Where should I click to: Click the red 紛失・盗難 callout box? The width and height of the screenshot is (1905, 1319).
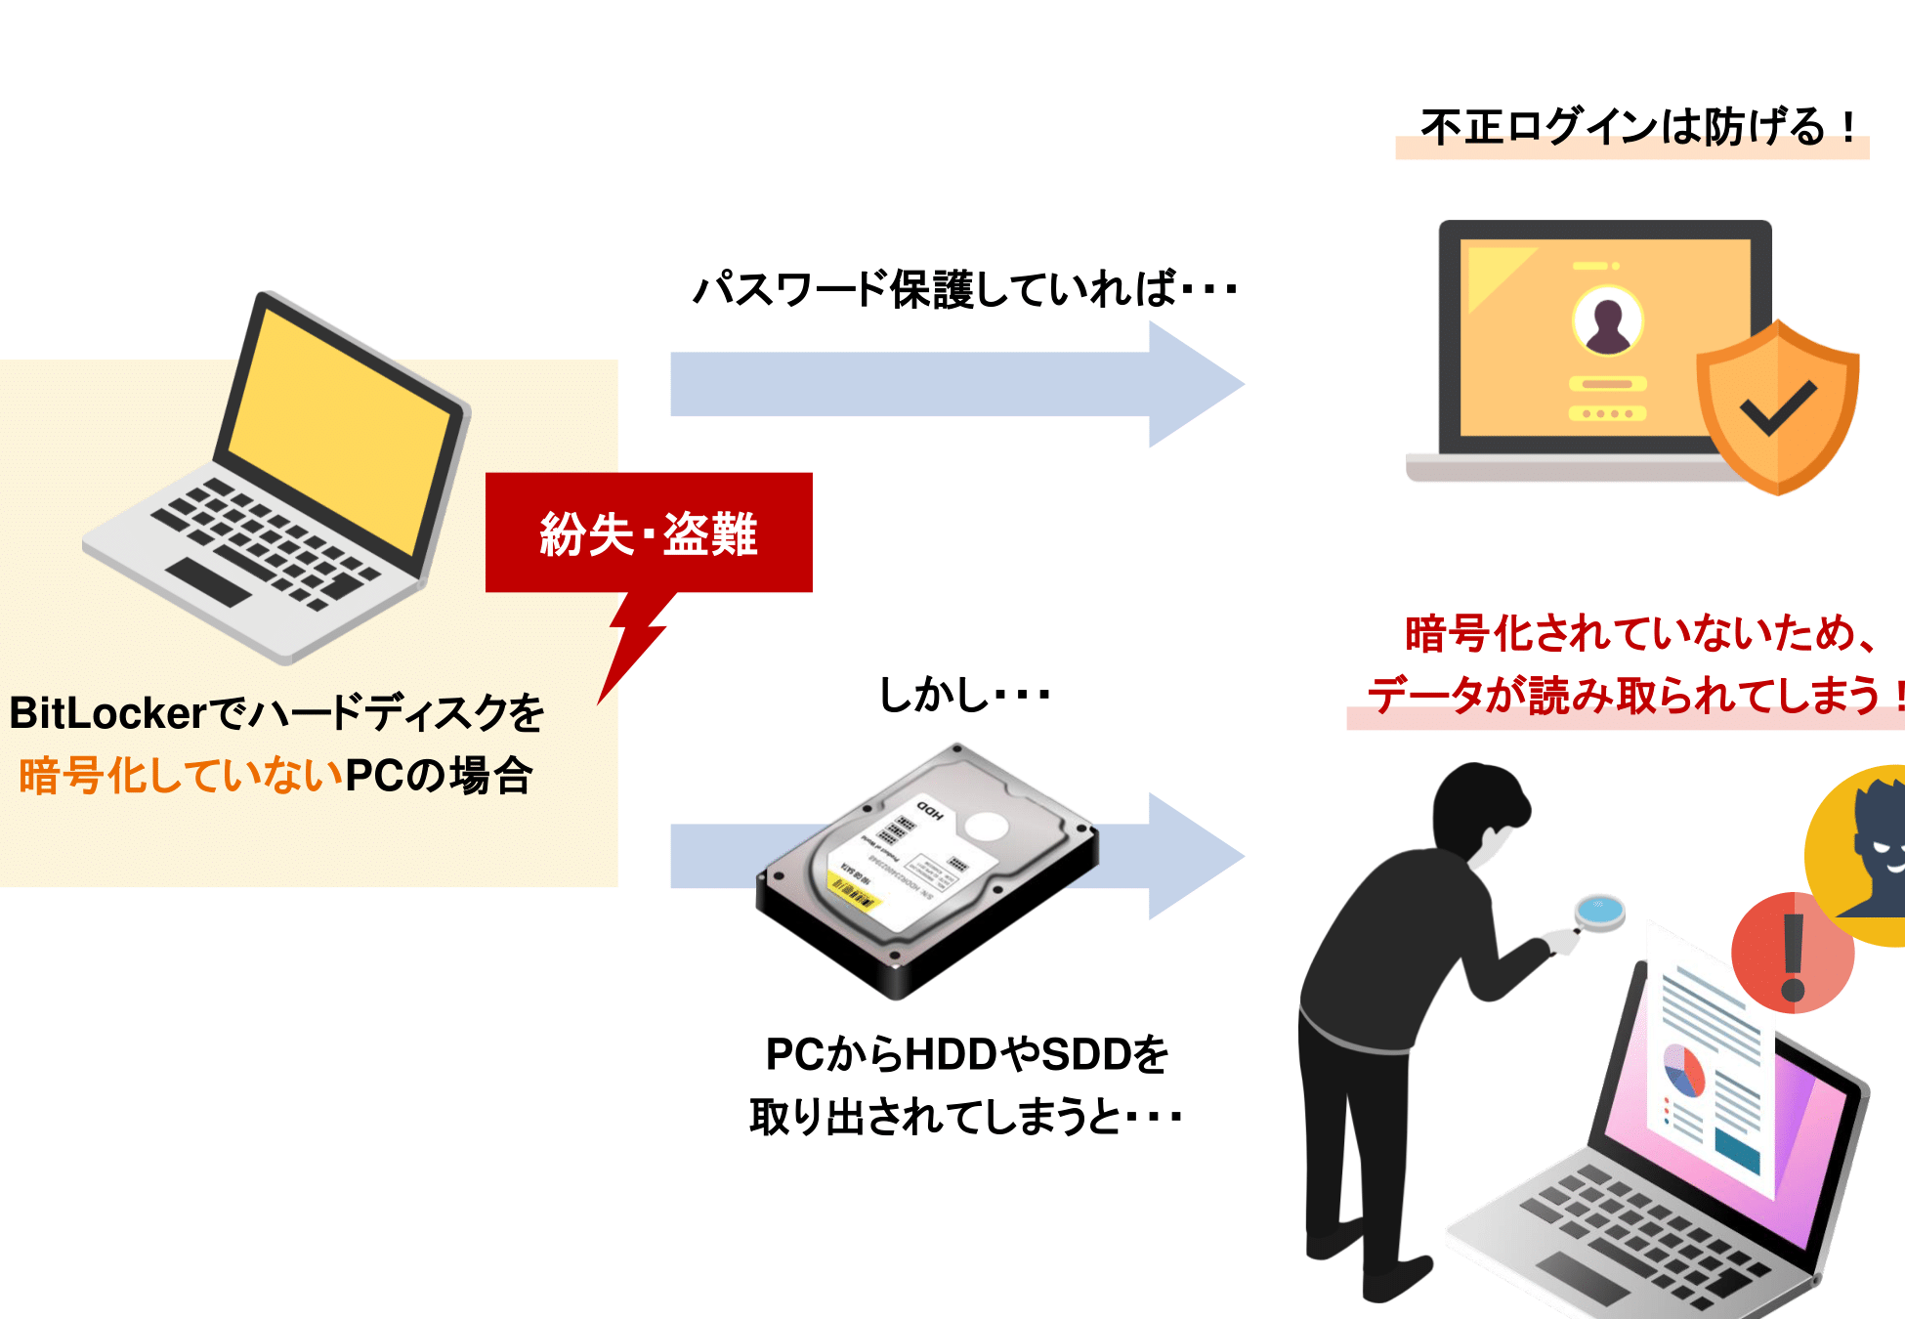[x=649, y=532]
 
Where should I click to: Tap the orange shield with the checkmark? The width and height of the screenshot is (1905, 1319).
[x=1777, y=407]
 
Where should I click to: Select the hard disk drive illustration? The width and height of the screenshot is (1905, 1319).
[x=927, y=870]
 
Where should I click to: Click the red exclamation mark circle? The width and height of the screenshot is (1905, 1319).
[x=1792, y=954]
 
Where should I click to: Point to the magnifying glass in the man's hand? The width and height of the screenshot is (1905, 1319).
[x=1599, y=911]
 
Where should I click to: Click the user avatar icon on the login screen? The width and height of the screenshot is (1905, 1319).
[x=1607, y=321]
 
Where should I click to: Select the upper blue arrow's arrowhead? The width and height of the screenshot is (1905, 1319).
[x=1194, y=385]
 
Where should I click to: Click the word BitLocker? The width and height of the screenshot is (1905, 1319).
[x=107, y=713]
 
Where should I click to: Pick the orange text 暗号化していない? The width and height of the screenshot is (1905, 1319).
[x=181, y=776]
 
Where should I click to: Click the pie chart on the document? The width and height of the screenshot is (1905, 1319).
[x=1683, y=1071]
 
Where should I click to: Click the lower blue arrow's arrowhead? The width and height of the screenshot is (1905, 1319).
[x=1194, y=856]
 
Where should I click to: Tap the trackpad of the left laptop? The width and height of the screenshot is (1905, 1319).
[x=208, y=581]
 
